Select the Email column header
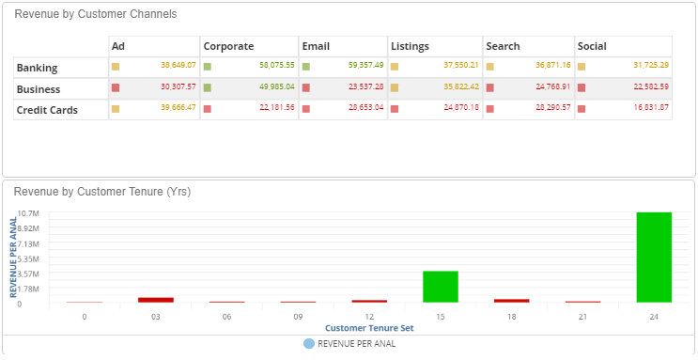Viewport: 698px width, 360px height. pyautogui.click(x=315, y=46)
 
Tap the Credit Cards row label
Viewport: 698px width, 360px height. pyautogui.click(x=47, y=110)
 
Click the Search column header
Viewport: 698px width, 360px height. pyautogui.click(x=504, y=46)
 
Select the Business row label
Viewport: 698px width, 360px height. pyautogui.click(x=39, y=89)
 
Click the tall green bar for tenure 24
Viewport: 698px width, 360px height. pyautogui.click(x=654, y=257)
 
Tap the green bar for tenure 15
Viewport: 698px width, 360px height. pyautogui.click(x=441, y=286)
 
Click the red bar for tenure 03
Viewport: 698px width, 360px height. pyautogui.click(x=156, y=300)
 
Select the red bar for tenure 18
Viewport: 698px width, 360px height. pyautogui.click(x=512, y=301)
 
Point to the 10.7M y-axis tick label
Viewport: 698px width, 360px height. pyautogui.click(x=27, y=213)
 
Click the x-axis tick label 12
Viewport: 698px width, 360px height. pyautogui.click(x=369, y=317)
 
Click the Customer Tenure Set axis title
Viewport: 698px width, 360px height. pyautogui.click(x=369, y=328)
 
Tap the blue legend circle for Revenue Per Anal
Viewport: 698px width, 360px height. pyautogui.click(x=309, y=344)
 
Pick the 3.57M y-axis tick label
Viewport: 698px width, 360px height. pyautogui.click(x=28, y=274)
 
